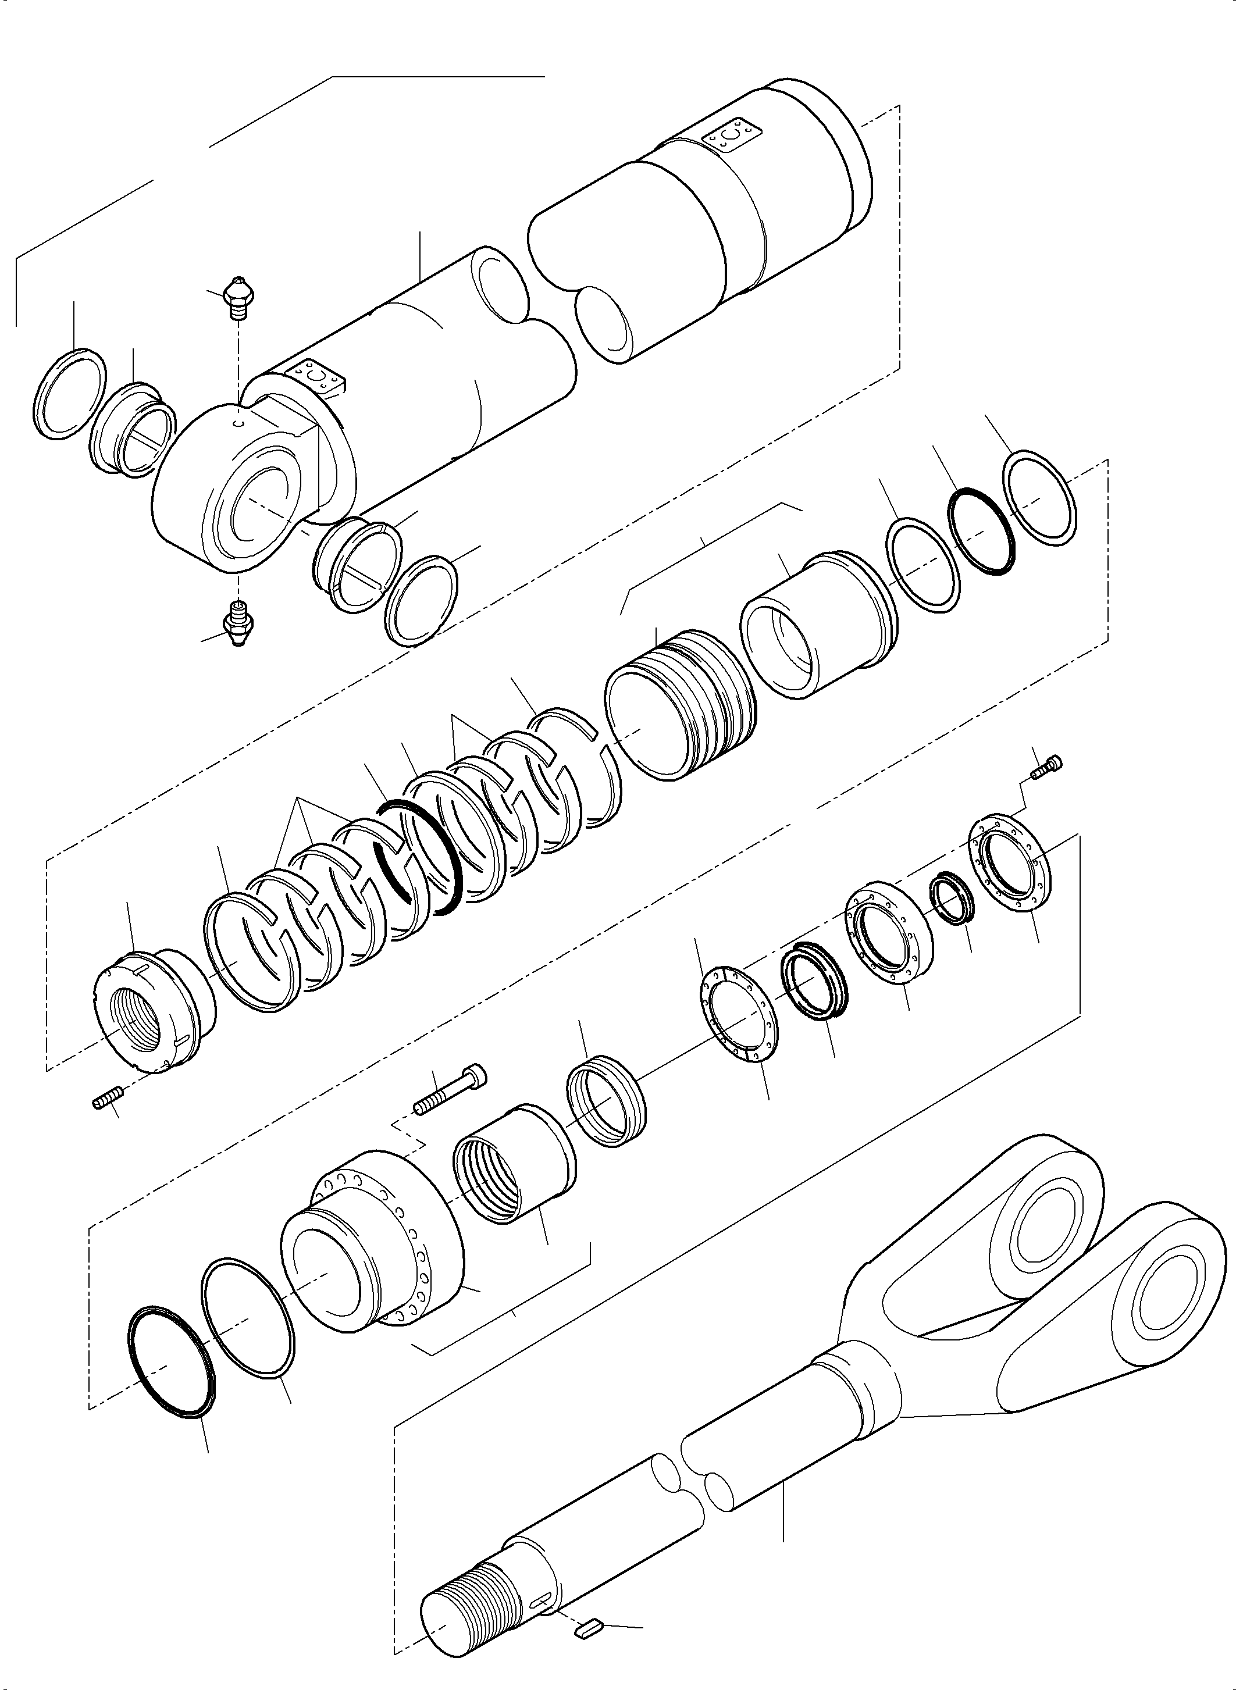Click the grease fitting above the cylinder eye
pos(238,298)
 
